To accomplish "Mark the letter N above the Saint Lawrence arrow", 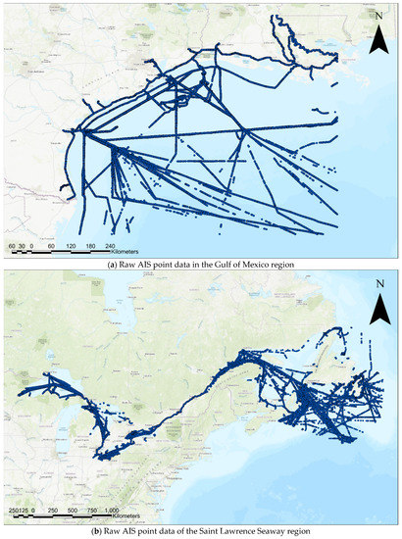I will pyautogui.click(x=381, y=286).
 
